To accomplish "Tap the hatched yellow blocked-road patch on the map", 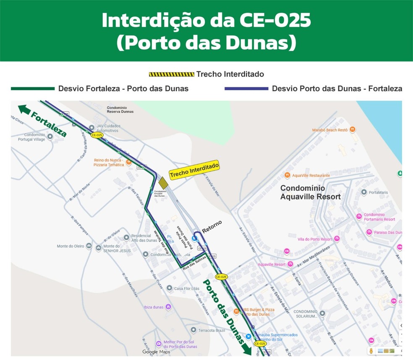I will (163, 182).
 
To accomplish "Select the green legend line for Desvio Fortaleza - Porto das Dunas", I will (33, 89).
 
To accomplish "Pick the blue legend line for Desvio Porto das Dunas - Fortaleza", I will (246, 89).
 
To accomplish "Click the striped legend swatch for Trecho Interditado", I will (171, 74).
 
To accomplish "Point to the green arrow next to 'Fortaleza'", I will (24, 110).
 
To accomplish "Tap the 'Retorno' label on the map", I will (212, 226).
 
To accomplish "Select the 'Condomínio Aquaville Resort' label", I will (310, 192).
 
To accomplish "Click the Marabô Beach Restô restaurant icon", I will (353, 130).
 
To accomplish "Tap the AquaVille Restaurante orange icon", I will (287, 175).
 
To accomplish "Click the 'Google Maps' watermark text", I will (156, 352).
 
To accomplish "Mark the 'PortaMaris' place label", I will (378, 192).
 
